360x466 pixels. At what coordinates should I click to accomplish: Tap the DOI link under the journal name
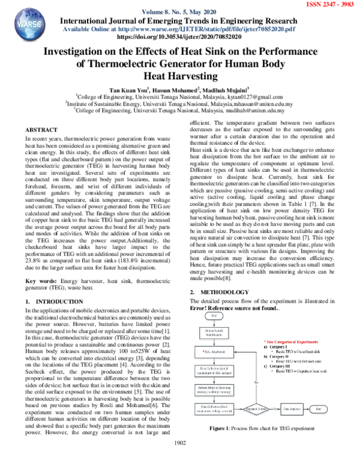click(x=179, y=36)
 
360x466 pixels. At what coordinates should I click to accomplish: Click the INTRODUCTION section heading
click(x=55, y=301)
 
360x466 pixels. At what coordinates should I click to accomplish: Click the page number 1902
click(x=180, y=459)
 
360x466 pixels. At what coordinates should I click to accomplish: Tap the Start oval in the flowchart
click(x=214, y=315)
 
